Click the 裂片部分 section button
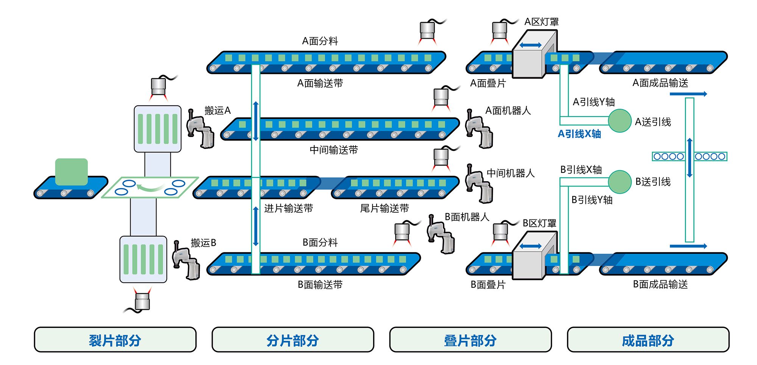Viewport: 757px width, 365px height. [x=115, y=340]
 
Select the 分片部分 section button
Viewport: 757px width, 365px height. [x=293, y=340]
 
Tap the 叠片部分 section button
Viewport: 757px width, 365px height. [x=470, y=340]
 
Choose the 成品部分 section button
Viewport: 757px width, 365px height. [x=648, y=340]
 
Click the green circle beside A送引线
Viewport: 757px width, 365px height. [x=620, y=121]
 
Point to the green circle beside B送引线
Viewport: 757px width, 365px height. [x=620, y=182]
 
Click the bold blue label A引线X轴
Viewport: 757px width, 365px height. [x=579, y=134]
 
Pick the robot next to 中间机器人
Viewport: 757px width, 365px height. [x=479, y=184]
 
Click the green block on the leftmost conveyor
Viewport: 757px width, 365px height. [x=72, y=172]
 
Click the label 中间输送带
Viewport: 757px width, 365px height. [x=333, y=150]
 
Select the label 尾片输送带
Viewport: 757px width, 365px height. [x=384, y=208]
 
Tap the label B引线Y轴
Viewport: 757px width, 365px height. [x=592, y=200]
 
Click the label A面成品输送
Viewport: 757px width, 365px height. [x=660, y=83]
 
